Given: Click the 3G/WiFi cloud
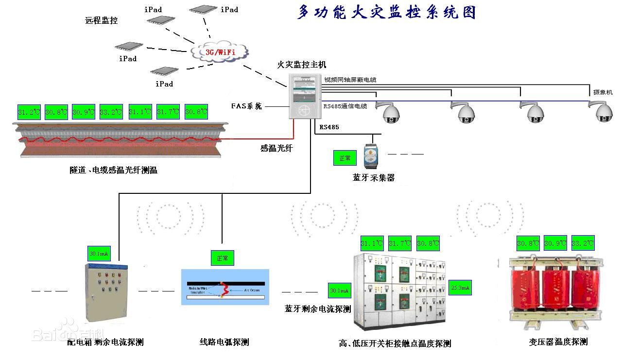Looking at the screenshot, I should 220,51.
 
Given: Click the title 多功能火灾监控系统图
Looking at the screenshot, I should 386,12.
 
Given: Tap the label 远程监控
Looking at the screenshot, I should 102,20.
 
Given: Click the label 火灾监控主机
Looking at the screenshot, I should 301,64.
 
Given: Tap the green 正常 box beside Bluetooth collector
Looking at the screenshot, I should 345,158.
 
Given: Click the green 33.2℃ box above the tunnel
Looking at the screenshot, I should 111,112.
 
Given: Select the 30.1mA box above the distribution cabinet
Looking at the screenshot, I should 99,253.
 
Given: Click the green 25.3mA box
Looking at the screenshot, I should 460,288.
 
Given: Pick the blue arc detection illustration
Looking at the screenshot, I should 225,287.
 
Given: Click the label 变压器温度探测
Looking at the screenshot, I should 558,342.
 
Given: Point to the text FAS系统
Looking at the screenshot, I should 246,106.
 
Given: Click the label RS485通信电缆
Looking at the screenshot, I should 345,106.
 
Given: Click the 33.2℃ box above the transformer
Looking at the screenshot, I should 582,243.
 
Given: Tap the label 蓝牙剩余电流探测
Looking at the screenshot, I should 317,309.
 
